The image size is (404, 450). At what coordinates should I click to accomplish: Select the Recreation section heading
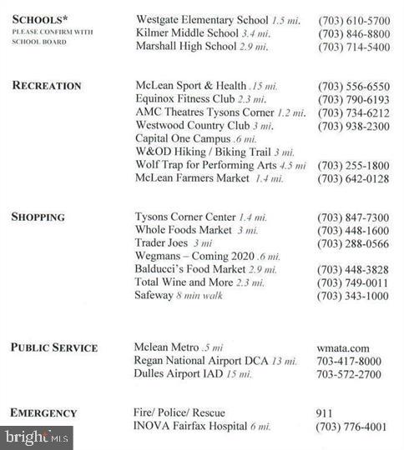pos(47,86)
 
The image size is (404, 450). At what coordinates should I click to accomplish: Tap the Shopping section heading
pos(38,217)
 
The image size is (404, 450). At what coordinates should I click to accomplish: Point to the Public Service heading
pos(54,347)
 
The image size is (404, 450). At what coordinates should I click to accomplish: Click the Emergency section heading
pos(44,413)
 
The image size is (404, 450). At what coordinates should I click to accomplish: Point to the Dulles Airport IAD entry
pos(193,374)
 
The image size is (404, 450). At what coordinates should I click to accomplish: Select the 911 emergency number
pos(325,413)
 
